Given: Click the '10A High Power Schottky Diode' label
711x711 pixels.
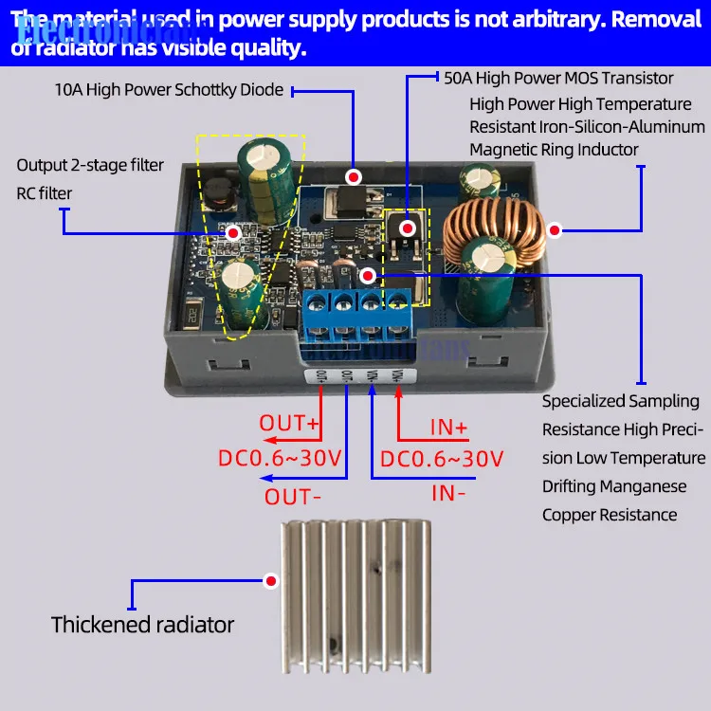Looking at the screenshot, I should click(169, 90).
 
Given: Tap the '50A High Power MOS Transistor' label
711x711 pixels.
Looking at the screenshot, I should click(558, 78).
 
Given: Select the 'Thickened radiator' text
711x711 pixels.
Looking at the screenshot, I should click(142, 625).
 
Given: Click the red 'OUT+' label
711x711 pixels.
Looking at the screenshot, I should click(296, 422).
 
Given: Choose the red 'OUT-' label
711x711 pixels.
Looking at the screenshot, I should click(292, 496).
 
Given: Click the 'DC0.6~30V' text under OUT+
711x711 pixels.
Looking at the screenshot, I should click(280, 460).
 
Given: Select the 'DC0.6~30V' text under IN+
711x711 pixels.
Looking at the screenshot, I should click(442, 460).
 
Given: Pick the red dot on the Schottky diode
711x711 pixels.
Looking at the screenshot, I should click(355, 177).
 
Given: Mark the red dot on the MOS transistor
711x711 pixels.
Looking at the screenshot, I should click(408, 228).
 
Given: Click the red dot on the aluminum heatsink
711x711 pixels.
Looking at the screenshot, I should click(272, 581).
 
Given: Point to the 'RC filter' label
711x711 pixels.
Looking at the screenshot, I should click(44, 193).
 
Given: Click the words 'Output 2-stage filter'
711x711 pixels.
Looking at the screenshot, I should click(90, 165).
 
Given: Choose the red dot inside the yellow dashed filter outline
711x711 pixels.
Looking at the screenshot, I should click(232, 232).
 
